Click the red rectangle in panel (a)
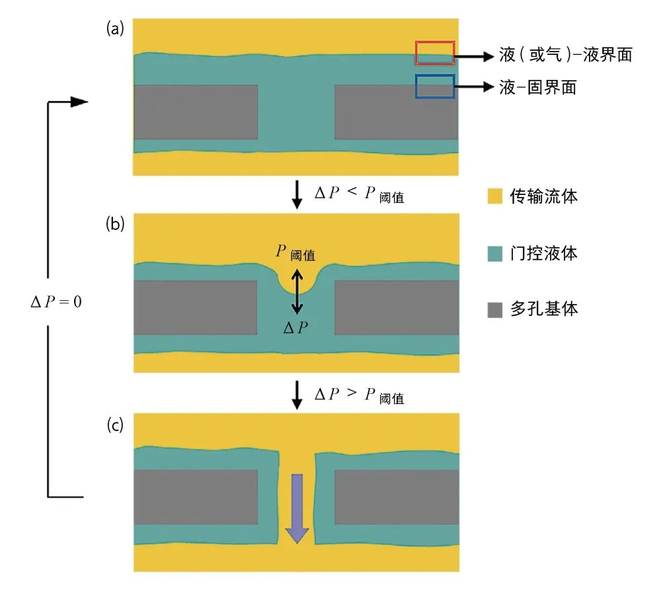click(x=435, y=53)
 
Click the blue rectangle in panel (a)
click(x=435, y=87)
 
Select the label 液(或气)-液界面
click(x=565, y=55)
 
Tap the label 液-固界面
click(x=537, y=87)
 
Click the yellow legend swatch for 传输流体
click(x=494, y=196)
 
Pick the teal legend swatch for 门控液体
click(x=494, y=253)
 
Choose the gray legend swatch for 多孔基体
click(x=494, y=309)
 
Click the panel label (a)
click(x=115, y=28)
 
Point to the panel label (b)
click(x=115, y=223)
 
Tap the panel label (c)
click(x=115, y=425)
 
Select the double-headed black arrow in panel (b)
click(x=297, y=291)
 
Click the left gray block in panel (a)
click(x=196, y=112)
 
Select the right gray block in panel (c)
click(x=397, y=498)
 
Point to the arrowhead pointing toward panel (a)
click(x=79, y=102)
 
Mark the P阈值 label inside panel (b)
click(x=295, y=253)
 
